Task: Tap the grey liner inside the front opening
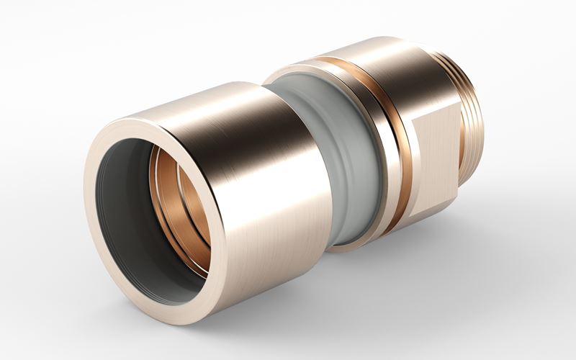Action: [x=122, y=216]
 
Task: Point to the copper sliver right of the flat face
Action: [x=462, y=144]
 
